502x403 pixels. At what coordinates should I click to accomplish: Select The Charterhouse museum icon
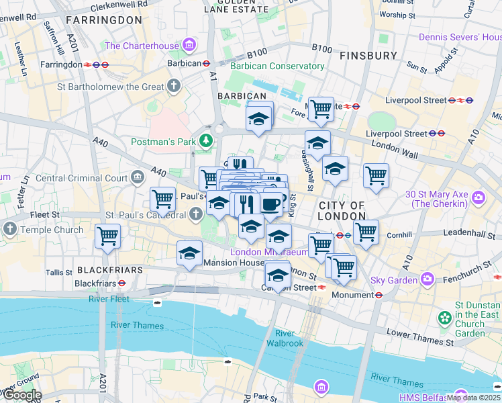point(189,46)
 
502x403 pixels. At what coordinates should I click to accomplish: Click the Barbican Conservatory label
point(277,66)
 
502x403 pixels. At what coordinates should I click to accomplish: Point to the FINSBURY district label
point(368,55)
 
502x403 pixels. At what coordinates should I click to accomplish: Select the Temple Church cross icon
point(9,229)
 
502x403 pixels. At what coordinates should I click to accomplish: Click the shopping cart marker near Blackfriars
point(107,236)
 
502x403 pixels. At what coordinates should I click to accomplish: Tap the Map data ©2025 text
point(473,398)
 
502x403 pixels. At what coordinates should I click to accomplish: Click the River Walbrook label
point(285,339)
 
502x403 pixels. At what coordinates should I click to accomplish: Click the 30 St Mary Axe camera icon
point(479,197)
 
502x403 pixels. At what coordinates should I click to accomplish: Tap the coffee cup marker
point(271,204)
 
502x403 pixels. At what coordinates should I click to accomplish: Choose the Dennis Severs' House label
point(459,37)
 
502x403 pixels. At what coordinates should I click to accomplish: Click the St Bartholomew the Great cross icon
point(174,86)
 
